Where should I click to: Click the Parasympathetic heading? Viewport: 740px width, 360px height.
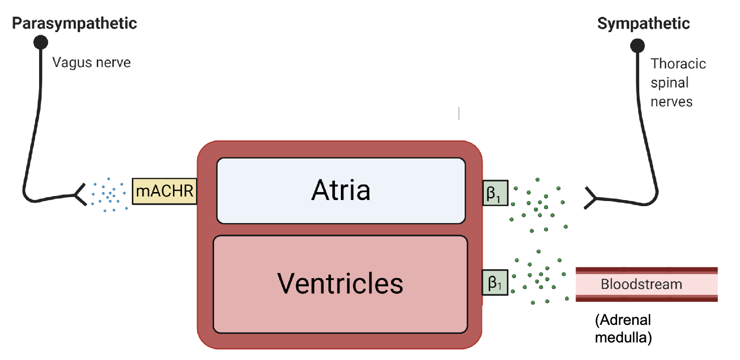74,23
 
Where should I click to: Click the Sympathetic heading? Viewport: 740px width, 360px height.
643,23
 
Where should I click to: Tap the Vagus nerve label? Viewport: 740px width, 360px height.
91,63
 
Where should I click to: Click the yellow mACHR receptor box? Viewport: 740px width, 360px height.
164,191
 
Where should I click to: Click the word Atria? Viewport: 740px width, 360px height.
341,191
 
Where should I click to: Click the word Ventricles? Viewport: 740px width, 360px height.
340,283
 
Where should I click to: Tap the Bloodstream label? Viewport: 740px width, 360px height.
641,285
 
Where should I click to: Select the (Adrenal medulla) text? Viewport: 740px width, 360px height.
623,329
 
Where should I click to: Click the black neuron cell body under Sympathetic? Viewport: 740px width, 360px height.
637,46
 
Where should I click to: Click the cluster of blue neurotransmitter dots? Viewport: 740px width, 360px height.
108,193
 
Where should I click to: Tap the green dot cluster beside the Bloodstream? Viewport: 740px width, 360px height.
540,277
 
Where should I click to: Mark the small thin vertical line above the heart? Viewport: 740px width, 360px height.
459,113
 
